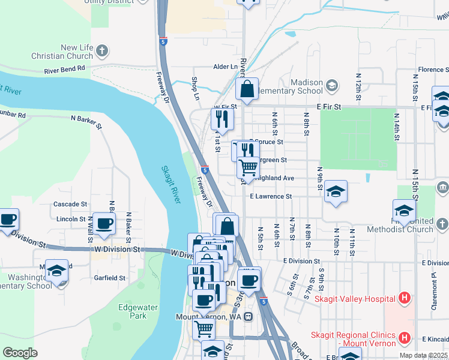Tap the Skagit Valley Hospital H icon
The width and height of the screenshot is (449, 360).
(x=405, y=298)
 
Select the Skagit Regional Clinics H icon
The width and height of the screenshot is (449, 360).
(x=405, y=339)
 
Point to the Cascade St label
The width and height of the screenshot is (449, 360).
(x=71, y=204)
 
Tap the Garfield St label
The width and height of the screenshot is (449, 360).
(x=109, y=278)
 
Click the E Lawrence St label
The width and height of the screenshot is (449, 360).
(x=271, y=196)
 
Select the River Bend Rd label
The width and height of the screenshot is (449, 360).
(x=64, y=70)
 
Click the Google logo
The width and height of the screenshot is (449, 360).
(x=20, y=352)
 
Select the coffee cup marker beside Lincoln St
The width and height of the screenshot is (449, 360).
(x=104, y=224)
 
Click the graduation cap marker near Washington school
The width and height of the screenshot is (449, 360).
(x=56, y=271)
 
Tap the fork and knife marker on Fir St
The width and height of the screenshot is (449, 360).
(x=222, y=119)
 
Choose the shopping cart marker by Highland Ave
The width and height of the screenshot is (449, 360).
(x=248, y=167)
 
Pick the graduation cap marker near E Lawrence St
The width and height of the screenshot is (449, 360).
(x=335, y=192)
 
